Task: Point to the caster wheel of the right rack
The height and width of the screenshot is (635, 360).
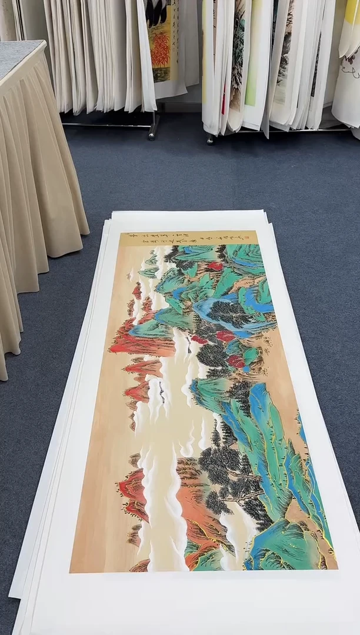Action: [x=209, y=139]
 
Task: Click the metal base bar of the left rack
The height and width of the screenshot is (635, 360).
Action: [x=109, y=124]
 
